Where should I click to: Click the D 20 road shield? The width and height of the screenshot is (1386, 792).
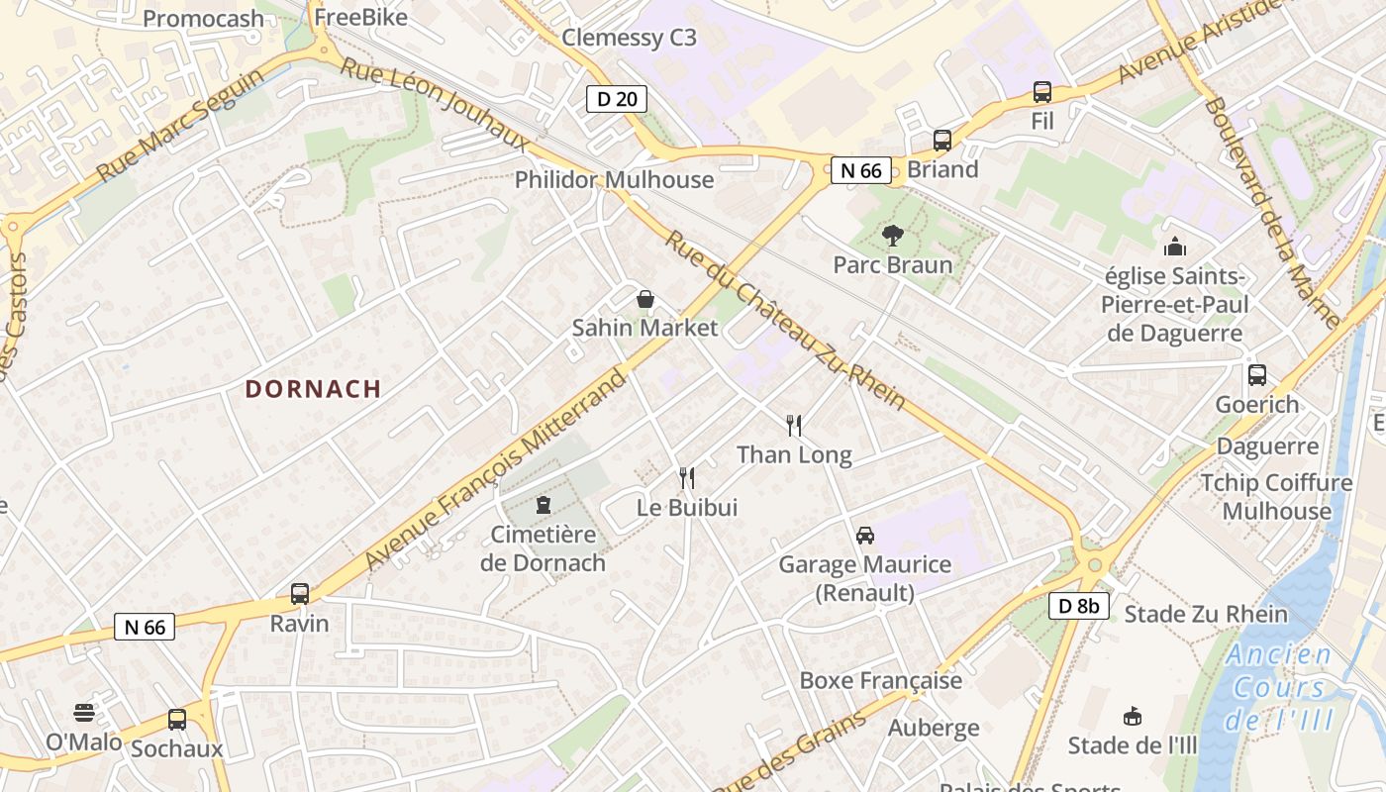pos(618,98)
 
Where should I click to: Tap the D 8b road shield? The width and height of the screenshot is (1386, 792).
pos(1078,606)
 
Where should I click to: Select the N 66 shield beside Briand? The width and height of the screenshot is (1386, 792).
pos(860,170)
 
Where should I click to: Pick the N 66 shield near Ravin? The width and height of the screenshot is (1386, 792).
pos(145,627)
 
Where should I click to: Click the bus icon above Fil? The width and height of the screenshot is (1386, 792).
pos(1042,92)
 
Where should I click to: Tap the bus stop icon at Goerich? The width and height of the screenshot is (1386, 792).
pos(1257,375)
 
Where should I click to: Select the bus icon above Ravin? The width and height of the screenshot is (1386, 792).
pos(300,594)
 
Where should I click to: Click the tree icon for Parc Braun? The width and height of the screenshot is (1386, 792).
pos(892,236)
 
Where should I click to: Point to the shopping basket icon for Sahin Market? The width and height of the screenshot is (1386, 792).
pos(645,299)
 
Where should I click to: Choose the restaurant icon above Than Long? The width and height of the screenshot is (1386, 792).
pos(794,426)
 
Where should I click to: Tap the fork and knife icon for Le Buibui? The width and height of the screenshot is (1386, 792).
pos(687,479)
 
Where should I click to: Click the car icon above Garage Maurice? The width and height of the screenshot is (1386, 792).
pos(865,536)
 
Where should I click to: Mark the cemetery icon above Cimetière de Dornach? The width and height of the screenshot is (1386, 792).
pos(543,506)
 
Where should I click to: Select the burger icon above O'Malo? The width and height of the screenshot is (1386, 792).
pos(84,713)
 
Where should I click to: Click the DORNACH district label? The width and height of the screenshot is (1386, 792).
pos(313,389)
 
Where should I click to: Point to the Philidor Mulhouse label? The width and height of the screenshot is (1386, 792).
pos(614,179)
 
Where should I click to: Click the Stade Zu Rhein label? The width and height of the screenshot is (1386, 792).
pos(1206,614)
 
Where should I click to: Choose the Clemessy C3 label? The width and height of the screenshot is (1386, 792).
pos(630,39)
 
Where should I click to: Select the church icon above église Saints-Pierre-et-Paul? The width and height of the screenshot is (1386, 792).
pos(1175,247)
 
